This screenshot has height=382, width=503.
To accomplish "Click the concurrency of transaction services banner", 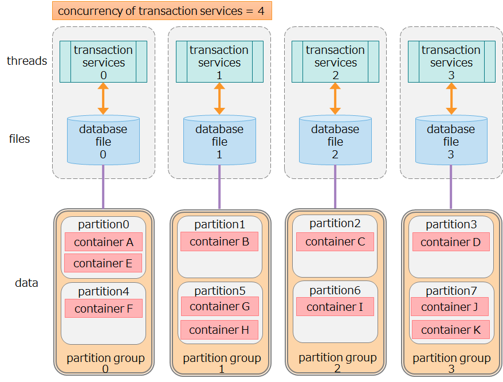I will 162,11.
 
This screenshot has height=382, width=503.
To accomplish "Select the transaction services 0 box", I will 103,62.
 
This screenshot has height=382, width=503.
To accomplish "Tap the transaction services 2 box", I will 335,62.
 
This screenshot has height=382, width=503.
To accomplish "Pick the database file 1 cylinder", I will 219,141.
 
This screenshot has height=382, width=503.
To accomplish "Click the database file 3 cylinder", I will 451,141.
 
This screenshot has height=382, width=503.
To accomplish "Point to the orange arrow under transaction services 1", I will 219,99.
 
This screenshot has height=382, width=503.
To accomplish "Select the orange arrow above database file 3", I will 451,99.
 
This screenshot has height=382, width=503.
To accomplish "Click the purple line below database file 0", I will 103,186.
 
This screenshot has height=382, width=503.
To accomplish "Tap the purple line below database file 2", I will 335,186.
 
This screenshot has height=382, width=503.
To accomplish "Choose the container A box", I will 103,242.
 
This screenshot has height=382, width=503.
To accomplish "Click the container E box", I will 103,263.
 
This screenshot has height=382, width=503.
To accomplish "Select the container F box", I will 103,309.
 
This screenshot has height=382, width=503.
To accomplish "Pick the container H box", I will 219,330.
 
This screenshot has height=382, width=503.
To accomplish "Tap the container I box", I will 335,307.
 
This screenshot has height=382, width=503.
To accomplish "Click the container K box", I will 450,330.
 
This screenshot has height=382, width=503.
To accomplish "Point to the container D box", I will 451,242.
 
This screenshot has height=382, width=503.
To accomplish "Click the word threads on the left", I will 27,61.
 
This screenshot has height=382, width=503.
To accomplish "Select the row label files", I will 19,139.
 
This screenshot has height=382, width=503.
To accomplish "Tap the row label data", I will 26,283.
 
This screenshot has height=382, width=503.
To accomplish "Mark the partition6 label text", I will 335,290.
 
